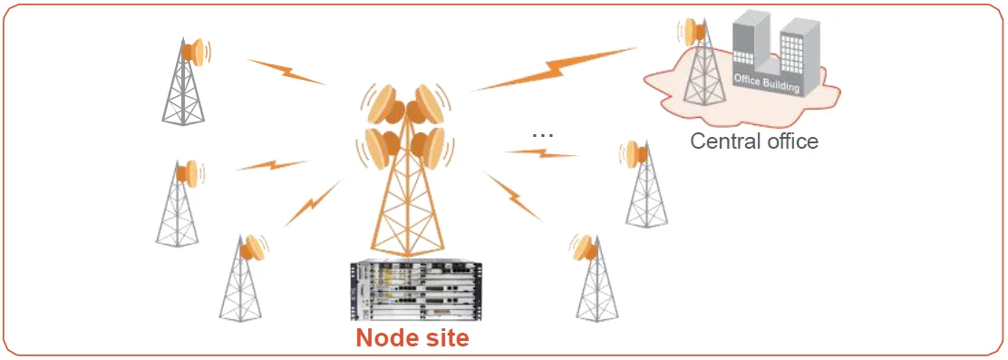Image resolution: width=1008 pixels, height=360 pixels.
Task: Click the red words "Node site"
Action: click(412, 337)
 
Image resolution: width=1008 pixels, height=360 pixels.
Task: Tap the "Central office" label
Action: click(754, 141)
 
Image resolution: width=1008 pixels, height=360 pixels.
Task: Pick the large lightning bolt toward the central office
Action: click(555, 70)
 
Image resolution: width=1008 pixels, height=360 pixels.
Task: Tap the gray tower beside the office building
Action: click(697, 77)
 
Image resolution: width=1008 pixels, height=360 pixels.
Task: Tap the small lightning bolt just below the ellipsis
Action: click(541, 154)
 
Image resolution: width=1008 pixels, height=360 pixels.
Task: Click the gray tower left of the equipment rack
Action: click(240, 281)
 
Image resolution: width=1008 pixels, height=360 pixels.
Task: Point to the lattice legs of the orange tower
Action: click(405, 213)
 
